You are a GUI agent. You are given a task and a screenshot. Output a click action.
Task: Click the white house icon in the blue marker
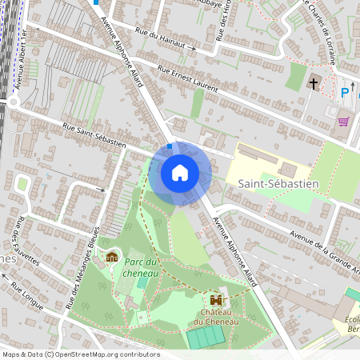click(180, 173)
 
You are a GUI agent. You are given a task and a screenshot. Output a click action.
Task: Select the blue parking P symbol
click(346, 93)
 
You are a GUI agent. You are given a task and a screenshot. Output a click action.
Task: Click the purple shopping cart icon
click(344, 122)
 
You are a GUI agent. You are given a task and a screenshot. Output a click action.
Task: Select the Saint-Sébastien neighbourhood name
click(278, 183)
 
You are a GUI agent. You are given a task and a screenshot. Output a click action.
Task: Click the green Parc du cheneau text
click(142, 267)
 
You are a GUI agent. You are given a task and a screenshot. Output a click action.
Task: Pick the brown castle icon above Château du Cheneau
click(213, 298)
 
